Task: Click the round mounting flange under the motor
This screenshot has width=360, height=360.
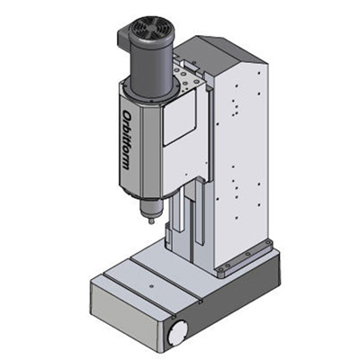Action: tap(150, 92)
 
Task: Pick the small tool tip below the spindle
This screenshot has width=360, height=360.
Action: tap(151, 221)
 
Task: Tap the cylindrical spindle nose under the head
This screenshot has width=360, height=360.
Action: tap(151, 209)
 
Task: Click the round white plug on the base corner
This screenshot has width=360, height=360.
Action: tap(177, 332)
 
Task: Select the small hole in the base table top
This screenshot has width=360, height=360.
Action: tap(151, 286)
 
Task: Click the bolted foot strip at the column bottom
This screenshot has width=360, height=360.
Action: tap(246, 258)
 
